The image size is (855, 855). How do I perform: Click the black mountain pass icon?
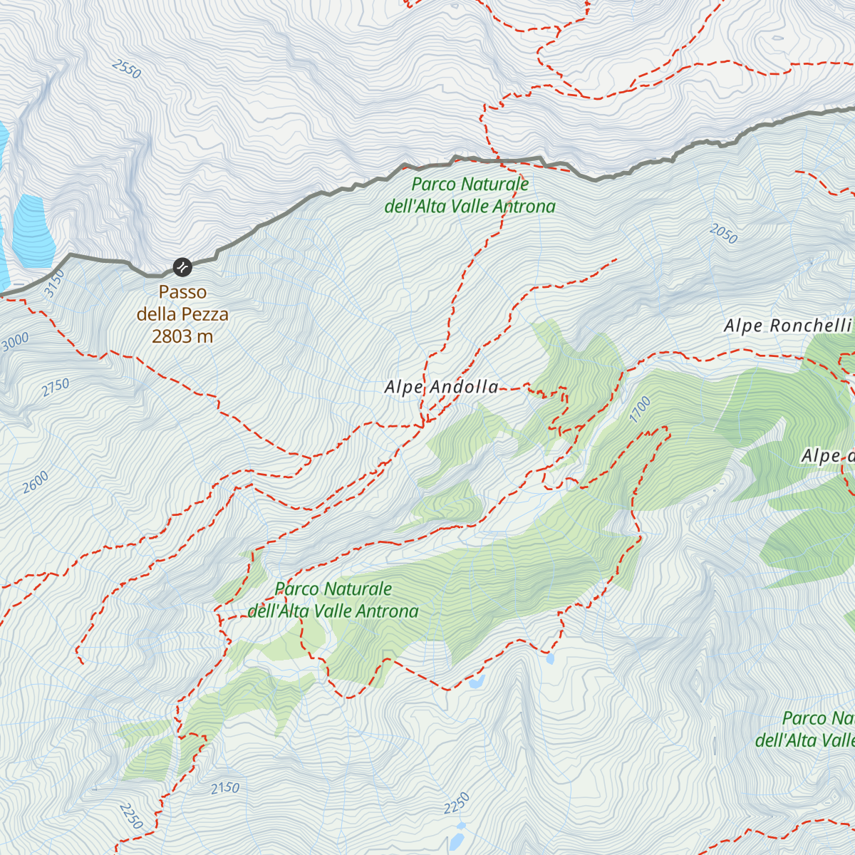(x=182, y=267)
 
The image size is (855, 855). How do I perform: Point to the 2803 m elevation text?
(x=182, y=336)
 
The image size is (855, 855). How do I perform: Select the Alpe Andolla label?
(x=441, y=387)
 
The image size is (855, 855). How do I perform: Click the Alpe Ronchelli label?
(x=787, y=326)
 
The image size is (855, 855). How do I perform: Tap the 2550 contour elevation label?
(x=127, y=69)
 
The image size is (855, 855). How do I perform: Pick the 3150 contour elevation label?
(x=54, y=284)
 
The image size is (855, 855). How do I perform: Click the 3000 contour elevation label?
(x=15, y=342)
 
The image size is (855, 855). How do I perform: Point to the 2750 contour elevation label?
(x=56, y=388)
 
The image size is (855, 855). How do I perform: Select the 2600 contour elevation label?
(x=36, y=482)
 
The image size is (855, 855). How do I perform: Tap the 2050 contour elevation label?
(x=723, y=233)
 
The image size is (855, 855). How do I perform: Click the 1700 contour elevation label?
(x=640, y=410)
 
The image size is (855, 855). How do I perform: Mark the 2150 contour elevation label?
(x=225, y=788)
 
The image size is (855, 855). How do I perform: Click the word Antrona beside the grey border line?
(x=524, y=207)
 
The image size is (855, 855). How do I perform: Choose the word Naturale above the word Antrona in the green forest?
(x=358, y=589)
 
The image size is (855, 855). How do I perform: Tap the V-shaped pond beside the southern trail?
(x=476, y=682)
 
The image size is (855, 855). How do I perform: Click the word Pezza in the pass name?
(x=203, y=314)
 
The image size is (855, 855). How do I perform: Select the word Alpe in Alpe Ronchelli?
(x=743, y=326)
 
